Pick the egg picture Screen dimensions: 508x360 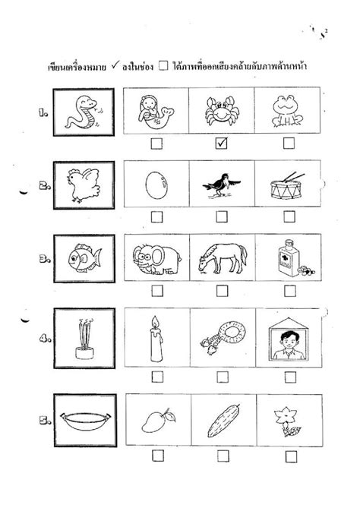(x=154, y=184)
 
